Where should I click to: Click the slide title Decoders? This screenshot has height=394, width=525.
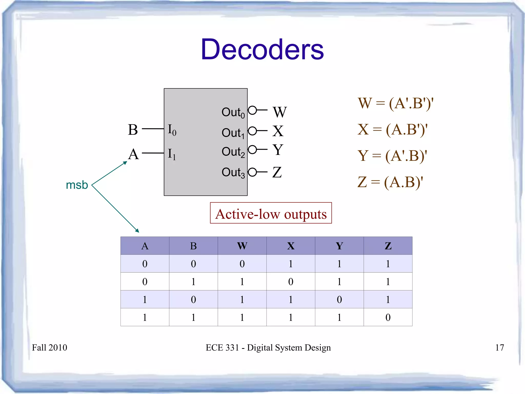click(x=262, y=49)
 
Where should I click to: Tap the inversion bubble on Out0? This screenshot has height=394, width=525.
click(x=253, y=110)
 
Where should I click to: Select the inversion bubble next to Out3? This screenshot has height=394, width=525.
click(x=253, y=172)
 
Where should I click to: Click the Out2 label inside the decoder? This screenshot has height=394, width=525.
click(x=233, y=152)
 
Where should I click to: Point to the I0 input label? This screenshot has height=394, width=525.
click(x=172, y=130)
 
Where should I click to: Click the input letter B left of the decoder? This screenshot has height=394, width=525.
click(x=133, y=130)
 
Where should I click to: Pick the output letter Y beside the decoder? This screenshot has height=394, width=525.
click(x=278, y=150)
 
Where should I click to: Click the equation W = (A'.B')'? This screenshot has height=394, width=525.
click(x=396, y=103)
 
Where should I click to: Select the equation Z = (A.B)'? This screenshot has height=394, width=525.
click(x=390, y=182)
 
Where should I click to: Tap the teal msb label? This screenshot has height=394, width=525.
click(x=77, y=185)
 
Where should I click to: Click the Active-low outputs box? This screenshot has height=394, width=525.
click(x=271, y=213)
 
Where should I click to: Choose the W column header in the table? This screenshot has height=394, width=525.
click(x=242, y=246)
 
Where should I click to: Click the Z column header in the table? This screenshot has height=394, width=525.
click(x=388, y=246)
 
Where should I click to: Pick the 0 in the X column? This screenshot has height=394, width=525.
click(x=291, y=282)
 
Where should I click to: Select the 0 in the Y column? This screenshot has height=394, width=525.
click(x=339, y=299)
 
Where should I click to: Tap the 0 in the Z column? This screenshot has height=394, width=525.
click(x=388, y=317)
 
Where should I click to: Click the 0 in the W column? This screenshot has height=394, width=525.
click(x=242, y=264)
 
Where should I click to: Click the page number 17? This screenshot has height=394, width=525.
click(x=500, y=348)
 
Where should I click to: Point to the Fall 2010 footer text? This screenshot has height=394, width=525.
click(x=49, y=348)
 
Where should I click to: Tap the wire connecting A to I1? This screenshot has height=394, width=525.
click(x=153, y=153)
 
